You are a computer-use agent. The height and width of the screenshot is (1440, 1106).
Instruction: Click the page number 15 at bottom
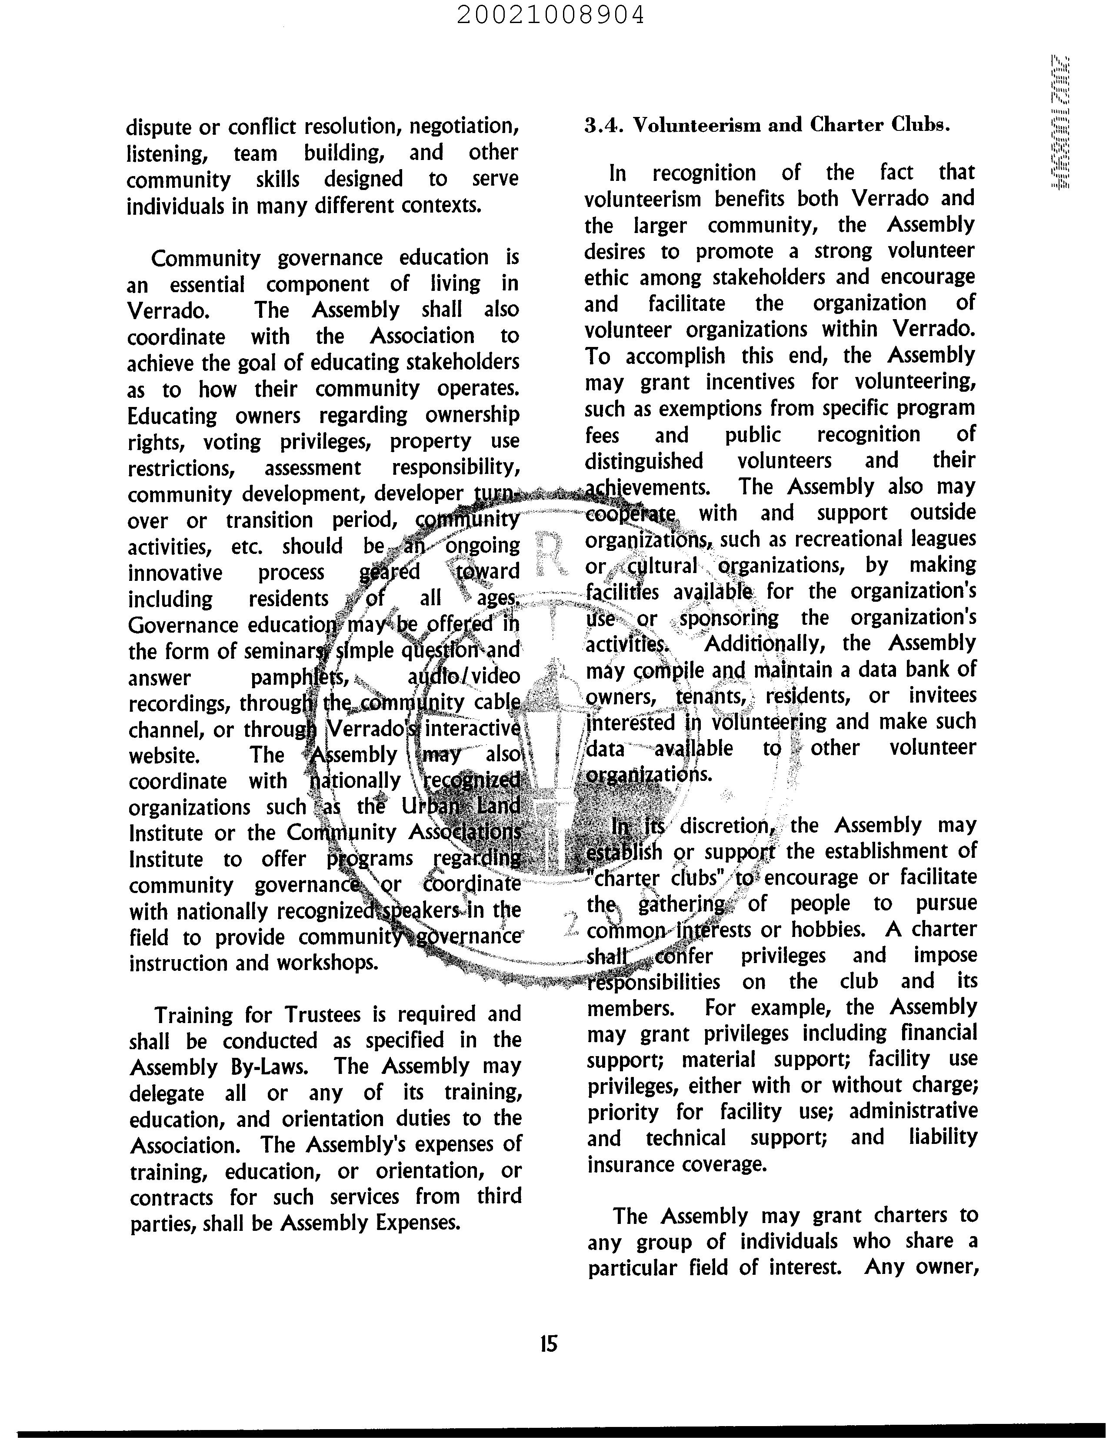[548, 1343]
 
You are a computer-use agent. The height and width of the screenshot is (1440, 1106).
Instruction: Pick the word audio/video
[463, 677]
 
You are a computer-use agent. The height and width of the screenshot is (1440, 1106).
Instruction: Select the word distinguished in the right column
[644, 461]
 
